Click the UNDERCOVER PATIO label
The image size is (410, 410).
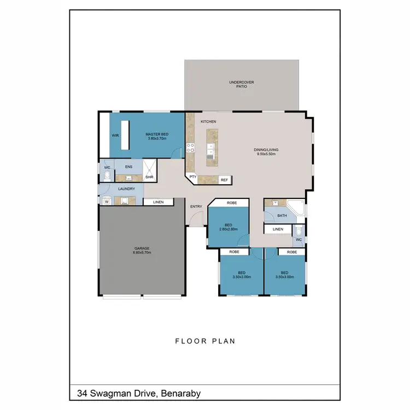point(241,84)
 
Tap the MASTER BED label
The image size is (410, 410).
point(156,136)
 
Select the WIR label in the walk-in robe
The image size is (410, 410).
point(115,135)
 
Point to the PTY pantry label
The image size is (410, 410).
point(192,177)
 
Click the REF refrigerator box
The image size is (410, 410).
point(224,180)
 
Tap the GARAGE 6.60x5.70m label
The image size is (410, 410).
point(142,251)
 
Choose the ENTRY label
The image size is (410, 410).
point(196,207)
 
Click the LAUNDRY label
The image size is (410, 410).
point(126,189)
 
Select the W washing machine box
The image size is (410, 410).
point(106,201)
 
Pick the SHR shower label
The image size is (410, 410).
point(149,177)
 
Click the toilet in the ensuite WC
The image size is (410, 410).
point(107,175)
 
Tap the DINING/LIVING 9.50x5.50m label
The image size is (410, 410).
point(266,152)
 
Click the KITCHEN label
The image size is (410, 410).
point(208,121)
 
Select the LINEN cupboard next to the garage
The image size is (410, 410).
point(158,202)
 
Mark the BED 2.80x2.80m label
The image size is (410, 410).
point(229,227)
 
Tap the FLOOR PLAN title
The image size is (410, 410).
point(204,341)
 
